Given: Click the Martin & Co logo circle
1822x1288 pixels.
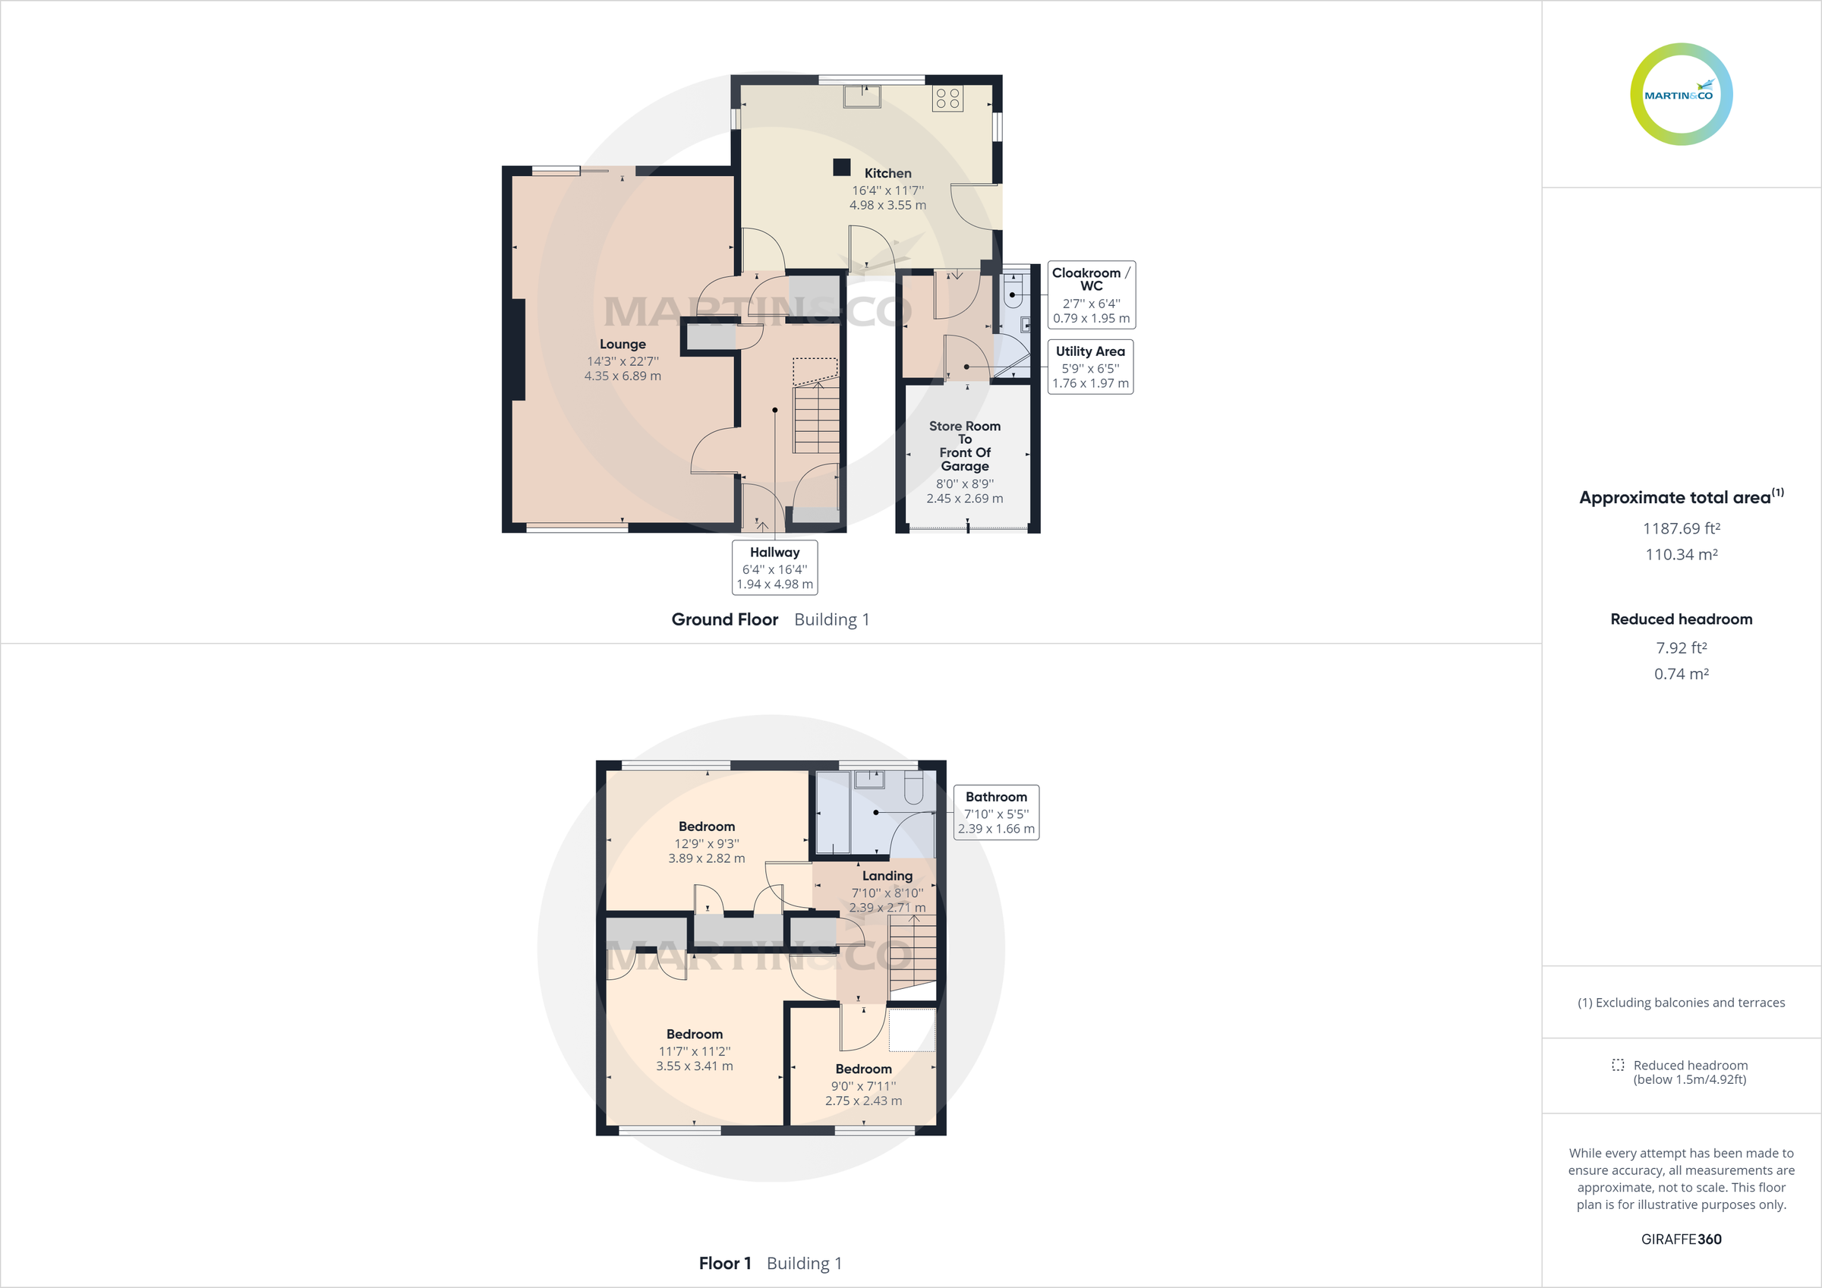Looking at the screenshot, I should click(x=1681, y=94).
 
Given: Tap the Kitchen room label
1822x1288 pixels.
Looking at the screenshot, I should click(x=887, y=173).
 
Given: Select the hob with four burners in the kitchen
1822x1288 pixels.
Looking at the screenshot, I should click(x=947, y=99).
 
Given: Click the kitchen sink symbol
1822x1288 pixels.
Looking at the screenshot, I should click(x=862, y=96).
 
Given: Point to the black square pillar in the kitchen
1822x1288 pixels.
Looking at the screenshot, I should click(x=841, y=168).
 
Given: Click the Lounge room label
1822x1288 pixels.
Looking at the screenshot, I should click(x=623, y=344).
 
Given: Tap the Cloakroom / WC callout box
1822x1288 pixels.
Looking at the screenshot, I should click(x=1091, y=294).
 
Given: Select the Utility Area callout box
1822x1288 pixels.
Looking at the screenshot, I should click(x=1090, y=367).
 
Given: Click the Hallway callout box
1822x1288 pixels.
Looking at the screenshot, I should click(x=774, y=568).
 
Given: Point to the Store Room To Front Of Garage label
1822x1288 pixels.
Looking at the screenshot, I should click(x=965, y=446).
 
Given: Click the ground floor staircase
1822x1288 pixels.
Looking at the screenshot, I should click(x=816, y=418).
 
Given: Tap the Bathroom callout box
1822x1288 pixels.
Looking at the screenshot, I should click(x=996, y=812).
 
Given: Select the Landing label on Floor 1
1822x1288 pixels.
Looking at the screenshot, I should click(x=887, y=875).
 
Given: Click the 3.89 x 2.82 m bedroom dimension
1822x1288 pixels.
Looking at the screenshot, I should click(x=706, y=858).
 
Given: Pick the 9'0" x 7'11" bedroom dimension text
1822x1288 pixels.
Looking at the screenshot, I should click(x=863, y=1085).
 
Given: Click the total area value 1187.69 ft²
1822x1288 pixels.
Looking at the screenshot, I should click(x=1681, y=528).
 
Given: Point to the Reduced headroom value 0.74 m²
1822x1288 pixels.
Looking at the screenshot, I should click(x=1681, y=674).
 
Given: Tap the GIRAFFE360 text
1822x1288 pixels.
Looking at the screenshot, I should click(x=1681, y=1239).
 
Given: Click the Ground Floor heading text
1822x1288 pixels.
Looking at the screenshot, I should click(x=724, y=619).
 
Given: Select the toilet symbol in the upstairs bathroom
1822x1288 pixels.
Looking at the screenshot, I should click(x=913, y=788).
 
